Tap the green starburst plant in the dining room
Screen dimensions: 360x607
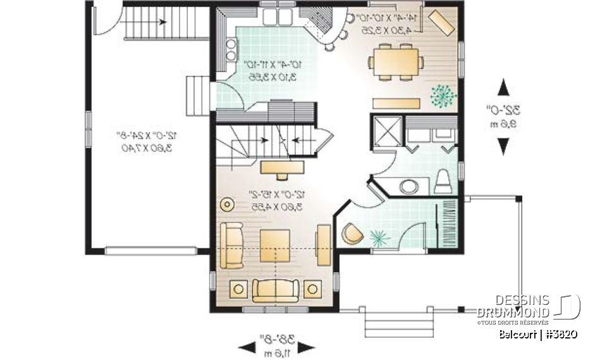443,95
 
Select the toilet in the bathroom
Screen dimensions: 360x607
443,182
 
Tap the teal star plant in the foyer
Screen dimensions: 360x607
380,237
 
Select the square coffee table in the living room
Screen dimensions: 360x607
276,245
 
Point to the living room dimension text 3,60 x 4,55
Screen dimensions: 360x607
276,206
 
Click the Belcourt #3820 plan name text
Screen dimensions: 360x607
537,334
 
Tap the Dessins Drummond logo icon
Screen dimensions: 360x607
568,306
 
